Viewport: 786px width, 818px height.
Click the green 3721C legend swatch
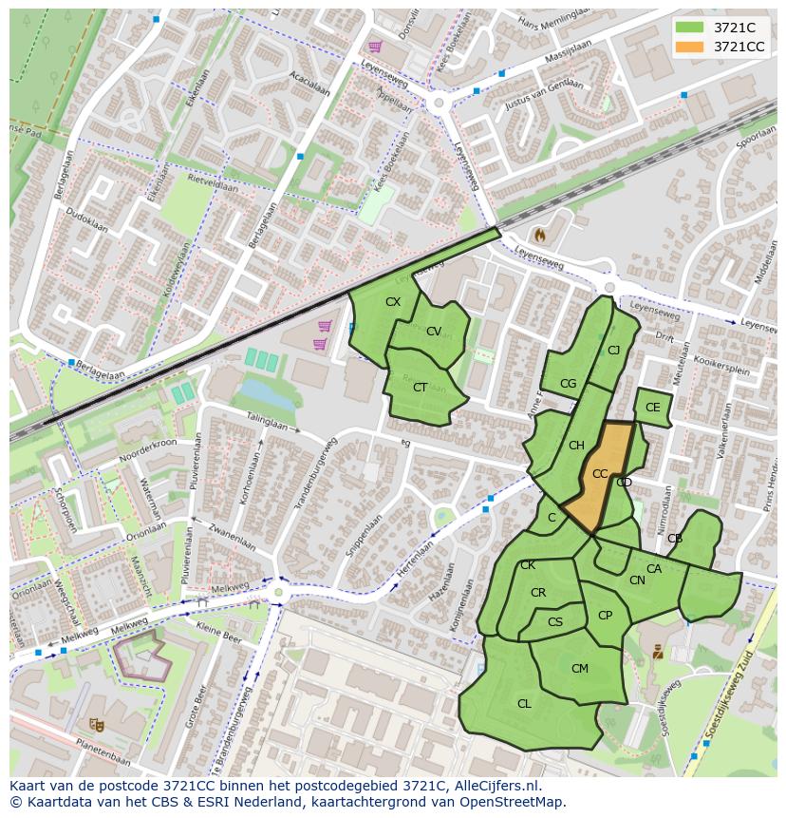[x=690, y=28]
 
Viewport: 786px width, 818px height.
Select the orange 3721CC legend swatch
[x=690, y=47]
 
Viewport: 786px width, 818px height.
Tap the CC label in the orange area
[x=600, y=473]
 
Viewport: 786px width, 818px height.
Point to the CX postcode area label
[x=393, y=302]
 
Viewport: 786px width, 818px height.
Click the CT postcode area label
[x=420, y=387]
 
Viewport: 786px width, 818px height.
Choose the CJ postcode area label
[x=613, y=351]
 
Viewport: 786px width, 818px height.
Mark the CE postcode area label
[x=652, y=408]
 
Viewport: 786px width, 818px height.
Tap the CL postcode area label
[x=524, y=704]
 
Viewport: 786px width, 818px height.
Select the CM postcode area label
[x=580, y=669]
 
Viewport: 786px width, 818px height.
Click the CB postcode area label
[x=675, y=539]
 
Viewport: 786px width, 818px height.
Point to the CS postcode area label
[x=555, y=622]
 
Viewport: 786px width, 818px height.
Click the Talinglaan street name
[x=268, y=421]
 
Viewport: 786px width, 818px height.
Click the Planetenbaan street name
[x=99, y=755]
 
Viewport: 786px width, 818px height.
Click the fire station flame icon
[x=540, y=233]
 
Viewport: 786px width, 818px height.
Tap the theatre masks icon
[x=95, y=724]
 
